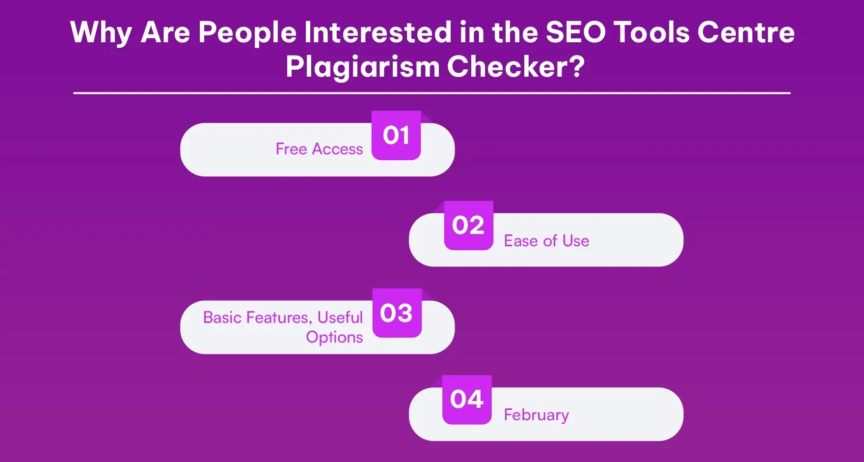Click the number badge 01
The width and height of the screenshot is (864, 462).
396,136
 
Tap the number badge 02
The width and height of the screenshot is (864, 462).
468,226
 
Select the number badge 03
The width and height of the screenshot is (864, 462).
397,313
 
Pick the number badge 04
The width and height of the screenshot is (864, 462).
467,400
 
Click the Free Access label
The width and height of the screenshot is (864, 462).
319,149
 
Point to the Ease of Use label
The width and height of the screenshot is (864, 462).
546,241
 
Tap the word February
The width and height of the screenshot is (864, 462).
536,415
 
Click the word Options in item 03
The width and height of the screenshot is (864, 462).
334,337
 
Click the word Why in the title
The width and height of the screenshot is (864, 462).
101,33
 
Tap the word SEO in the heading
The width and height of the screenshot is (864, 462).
575,32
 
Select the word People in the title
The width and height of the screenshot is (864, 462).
247,33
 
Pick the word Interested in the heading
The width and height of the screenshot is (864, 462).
378,32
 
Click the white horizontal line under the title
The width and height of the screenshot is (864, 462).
432,93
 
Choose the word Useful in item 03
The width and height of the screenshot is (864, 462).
340,318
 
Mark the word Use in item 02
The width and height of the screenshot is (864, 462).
576,241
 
